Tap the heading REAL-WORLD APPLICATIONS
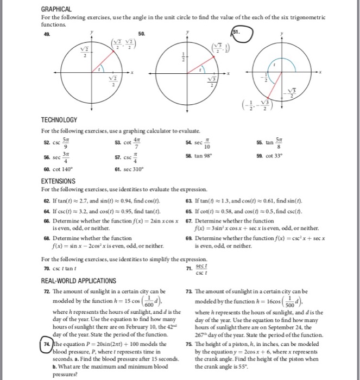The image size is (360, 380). tap(79, 281)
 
